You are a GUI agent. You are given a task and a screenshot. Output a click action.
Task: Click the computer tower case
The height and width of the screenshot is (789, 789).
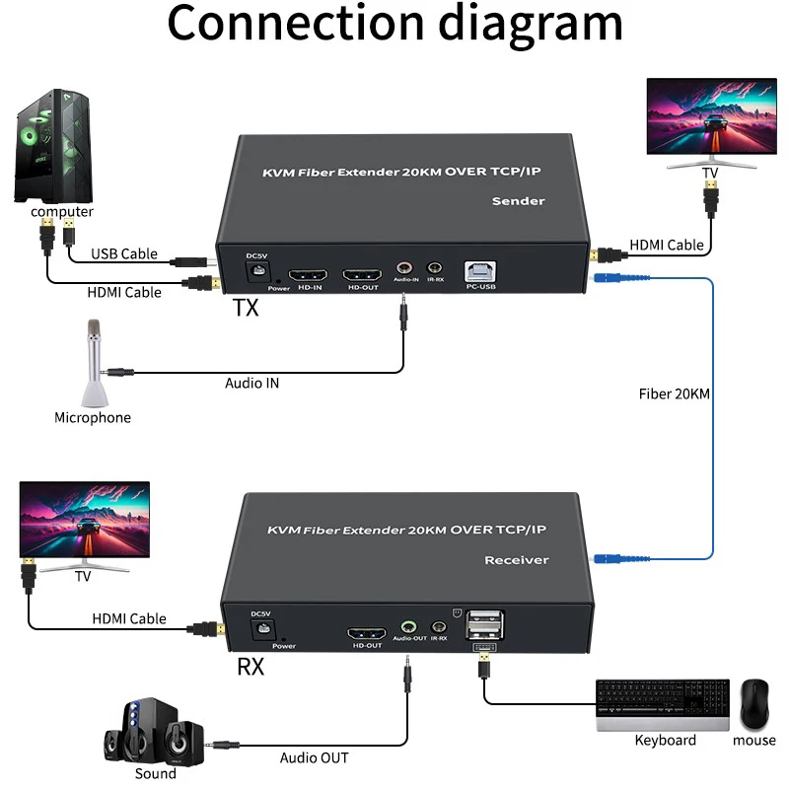tap(53, 146)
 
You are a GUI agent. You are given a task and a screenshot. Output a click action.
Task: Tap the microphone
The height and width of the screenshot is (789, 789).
tap(94, 363)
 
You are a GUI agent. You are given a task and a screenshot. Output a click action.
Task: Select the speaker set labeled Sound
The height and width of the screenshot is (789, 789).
tap(154, 732)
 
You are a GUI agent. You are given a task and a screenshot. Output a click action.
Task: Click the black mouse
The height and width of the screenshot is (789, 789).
tap(754, 704)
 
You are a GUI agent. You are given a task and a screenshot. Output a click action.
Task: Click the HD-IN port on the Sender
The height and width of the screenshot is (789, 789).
tap(308, 275)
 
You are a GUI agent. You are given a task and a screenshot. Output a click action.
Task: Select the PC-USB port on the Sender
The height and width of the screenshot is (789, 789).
tap(480, 272)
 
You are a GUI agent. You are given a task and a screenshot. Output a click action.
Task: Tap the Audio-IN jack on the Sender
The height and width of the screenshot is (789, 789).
tap(404, 267)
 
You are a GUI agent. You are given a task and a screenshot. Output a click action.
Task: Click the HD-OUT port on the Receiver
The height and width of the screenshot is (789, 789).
tap(366, 633)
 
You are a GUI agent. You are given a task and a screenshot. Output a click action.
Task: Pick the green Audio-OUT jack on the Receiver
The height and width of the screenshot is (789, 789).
tap(408, 627)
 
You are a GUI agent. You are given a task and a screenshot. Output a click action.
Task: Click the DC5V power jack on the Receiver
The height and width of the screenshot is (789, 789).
tap(262, 629)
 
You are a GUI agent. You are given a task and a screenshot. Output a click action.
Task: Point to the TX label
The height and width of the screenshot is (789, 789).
tap(246, 308)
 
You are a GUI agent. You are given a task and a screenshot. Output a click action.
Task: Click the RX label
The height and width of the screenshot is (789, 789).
tap(251, 667)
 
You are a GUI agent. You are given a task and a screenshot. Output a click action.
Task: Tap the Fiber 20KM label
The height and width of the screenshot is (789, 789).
tap(675, 394)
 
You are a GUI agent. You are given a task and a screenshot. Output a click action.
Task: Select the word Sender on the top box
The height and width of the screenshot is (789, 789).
tap(519, 201)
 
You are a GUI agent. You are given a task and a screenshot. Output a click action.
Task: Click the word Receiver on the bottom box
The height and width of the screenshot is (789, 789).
tap(516, 560)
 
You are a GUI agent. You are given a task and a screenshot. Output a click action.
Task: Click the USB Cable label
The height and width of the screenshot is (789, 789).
tap(124, 253)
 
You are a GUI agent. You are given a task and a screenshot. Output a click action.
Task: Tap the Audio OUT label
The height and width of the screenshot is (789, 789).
tap(314, 757)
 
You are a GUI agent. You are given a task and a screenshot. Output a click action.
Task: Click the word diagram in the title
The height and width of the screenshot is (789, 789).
tap(531, 24)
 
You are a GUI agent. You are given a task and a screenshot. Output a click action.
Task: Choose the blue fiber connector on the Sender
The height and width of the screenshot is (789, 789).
tap(607, 277)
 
